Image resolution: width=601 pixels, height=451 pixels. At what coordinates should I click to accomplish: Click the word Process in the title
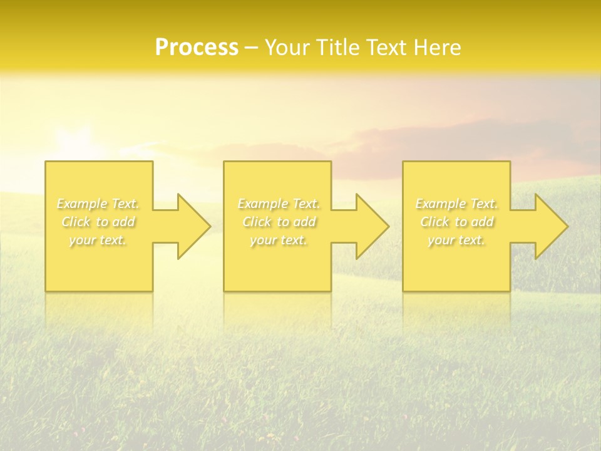pos(197,48)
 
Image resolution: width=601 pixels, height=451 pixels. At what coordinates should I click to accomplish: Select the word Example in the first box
pos(82,204)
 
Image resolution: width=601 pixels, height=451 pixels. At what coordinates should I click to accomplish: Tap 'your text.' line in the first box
pos(98,240)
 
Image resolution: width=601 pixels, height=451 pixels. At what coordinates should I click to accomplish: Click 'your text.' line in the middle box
pos(279,240)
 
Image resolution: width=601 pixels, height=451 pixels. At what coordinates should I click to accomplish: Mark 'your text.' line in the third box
pos(456,240)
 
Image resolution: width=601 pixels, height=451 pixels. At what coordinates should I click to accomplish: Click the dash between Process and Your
pos(252,48)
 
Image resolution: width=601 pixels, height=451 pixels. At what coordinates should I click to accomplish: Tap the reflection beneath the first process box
pos(99,310)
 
